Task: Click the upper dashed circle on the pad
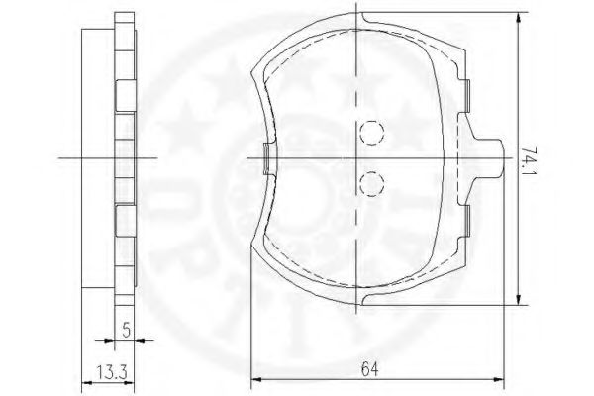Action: coord(370,132)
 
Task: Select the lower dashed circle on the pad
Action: coord(370,182)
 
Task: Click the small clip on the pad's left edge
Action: coord(265,158)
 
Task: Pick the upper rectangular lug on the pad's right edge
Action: coord(464,94)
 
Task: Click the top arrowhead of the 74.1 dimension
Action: coord(521,18)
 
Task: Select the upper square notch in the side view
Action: coord(123,95)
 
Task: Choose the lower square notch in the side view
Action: coord(123,219)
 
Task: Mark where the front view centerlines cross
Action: coord(359,158)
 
